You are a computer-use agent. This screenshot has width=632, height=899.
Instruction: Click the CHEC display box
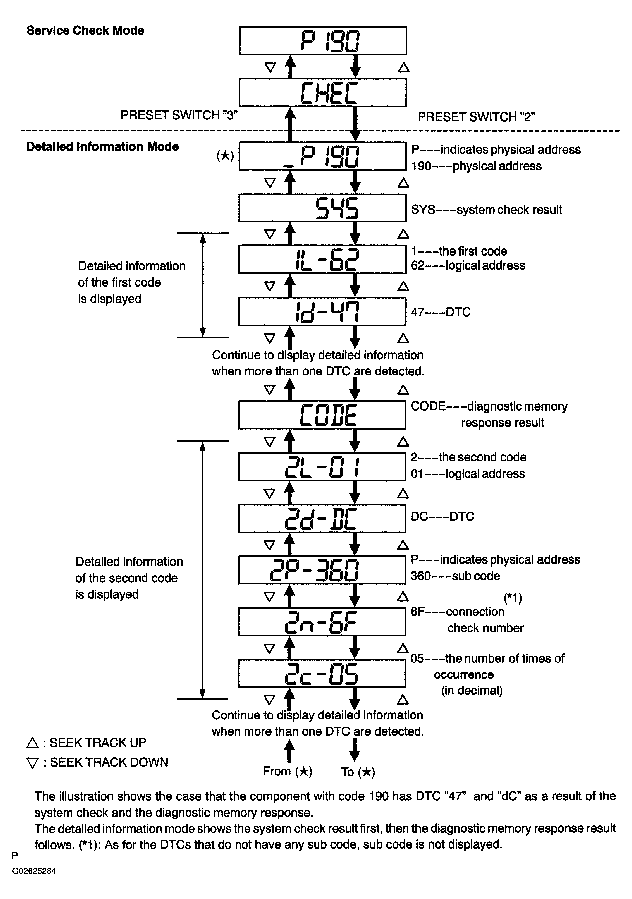322,92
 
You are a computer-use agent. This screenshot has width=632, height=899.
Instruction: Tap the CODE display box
322,415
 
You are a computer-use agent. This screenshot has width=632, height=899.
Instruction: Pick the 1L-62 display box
322,259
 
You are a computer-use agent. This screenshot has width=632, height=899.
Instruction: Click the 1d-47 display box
322,312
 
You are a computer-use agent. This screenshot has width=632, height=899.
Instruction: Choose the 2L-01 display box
322,467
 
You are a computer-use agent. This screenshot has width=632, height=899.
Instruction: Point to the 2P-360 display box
322,570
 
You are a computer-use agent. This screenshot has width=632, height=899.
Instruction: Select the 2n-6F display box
322,622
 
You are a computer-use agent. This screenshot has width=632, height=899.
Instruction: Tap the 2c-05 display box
322,673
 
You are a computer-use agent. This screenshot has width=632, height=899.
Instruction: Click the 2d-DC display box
322,518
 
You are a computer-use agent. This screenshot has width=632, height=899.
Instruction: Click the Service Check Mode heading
85,31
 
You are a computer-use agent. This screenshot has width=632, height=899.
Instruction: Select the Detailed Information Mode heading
102,147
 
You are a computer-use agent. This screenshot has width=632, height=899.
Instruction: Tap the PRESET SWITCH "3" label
179,115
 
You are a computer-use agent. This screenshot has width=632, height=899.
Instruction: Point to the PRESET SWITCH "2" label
476,117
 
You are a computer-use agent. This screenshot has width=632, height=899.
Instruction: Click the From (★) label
288,771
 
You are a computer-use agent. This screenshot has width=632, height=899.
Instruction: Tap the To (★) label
358,772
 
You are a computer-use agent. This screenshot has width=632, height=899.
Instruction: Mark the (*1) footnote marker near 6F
513,598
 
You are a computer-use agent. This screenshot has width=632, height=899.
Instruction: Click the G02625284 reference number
34,871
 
